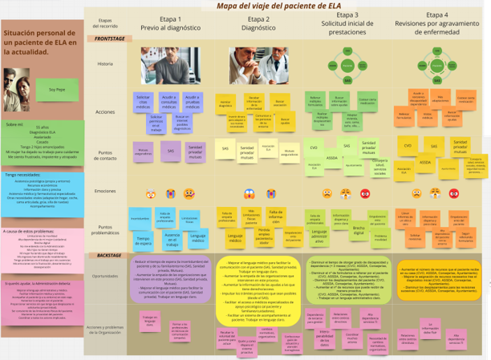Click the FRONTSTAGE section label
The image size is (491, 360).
110,38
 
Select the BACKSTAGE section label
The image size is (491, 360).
108,255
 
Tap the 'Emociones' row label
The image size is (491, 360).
104,191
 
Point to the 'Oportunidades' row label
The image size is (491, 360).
104,276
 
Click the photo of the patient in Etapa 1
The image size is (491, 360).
169,63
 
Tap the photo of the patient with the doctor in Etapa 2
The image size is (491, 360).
259,65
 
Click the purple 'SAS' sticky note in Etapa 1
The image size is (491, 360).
170,149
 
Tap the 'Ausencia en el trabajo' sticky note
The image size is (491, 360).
171,238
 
